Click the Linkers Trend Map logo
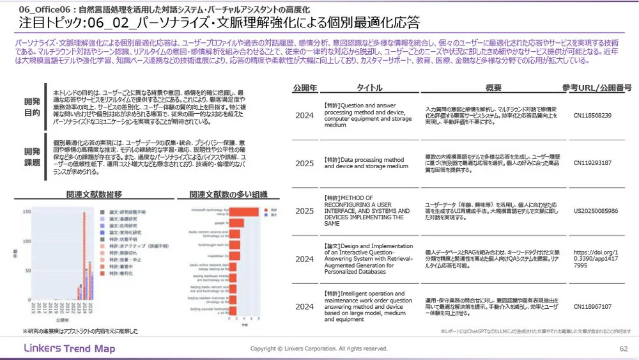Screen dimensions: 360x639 [x=69, y=348]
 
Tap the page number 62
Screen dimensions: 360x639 [x=624, y=348]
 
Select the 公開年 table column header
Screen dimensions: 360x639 [x=304, y=88]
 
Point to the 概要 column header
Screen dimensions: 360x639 [x=493, y=88]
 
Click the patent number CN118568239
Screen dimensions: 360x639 [x=592, y=116]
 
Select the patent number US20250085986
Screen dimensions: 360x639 [x=596, y=211]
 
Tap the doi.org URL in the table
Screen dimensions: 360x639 [x=596, y=259]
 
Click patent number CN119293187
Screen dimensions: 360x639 [x=592, y=163]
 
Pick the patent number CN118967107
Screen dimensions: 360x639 [x=592, y=307]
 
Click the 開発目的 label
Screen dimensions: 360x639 [x=31, y=107]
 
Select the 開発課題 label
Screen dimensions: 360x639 [x=31, y=157]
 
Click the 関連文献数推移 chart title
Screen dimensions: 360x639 [x=94, y=194]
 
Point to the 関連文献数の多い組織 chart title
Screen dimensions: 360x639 [x=228, y=194]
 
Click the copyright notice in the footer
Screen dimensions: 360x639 [x=319, y=348]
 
